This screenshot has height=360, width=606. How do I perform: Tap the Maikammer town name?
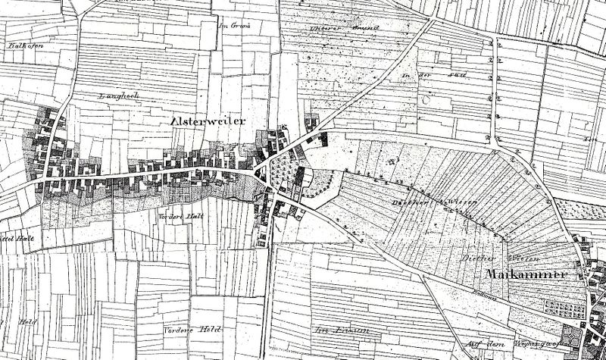pos(527,273)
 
